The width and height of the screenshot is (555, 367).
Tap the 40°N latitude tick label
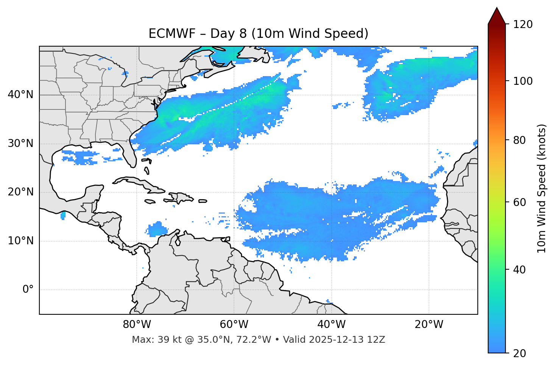coord(20,95)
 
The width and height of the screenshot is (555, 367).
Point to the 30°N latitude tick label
coord(20,144)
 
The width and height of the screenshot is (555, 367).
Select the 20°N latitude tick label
coord(20,192)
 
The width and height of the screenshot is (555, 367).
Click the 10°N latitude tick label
coord(20,241)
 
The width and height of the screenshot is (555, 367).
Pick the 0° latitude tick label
coord(28,290)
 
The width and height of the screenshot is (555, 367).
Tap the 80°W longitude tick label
coord(137,325)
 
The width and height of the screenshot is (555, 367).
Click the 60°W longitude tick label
coord(234,325)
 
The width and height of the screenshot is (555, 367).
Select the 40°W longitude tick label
coord(331,325)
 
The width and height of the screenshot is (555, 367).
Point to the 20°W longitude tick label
coord(429,325)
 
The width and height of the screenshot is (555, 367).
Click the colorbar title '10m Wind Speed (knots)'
coord(542,188)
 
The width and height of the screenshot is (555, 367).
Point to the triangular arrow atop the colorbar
coord(497,16)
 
